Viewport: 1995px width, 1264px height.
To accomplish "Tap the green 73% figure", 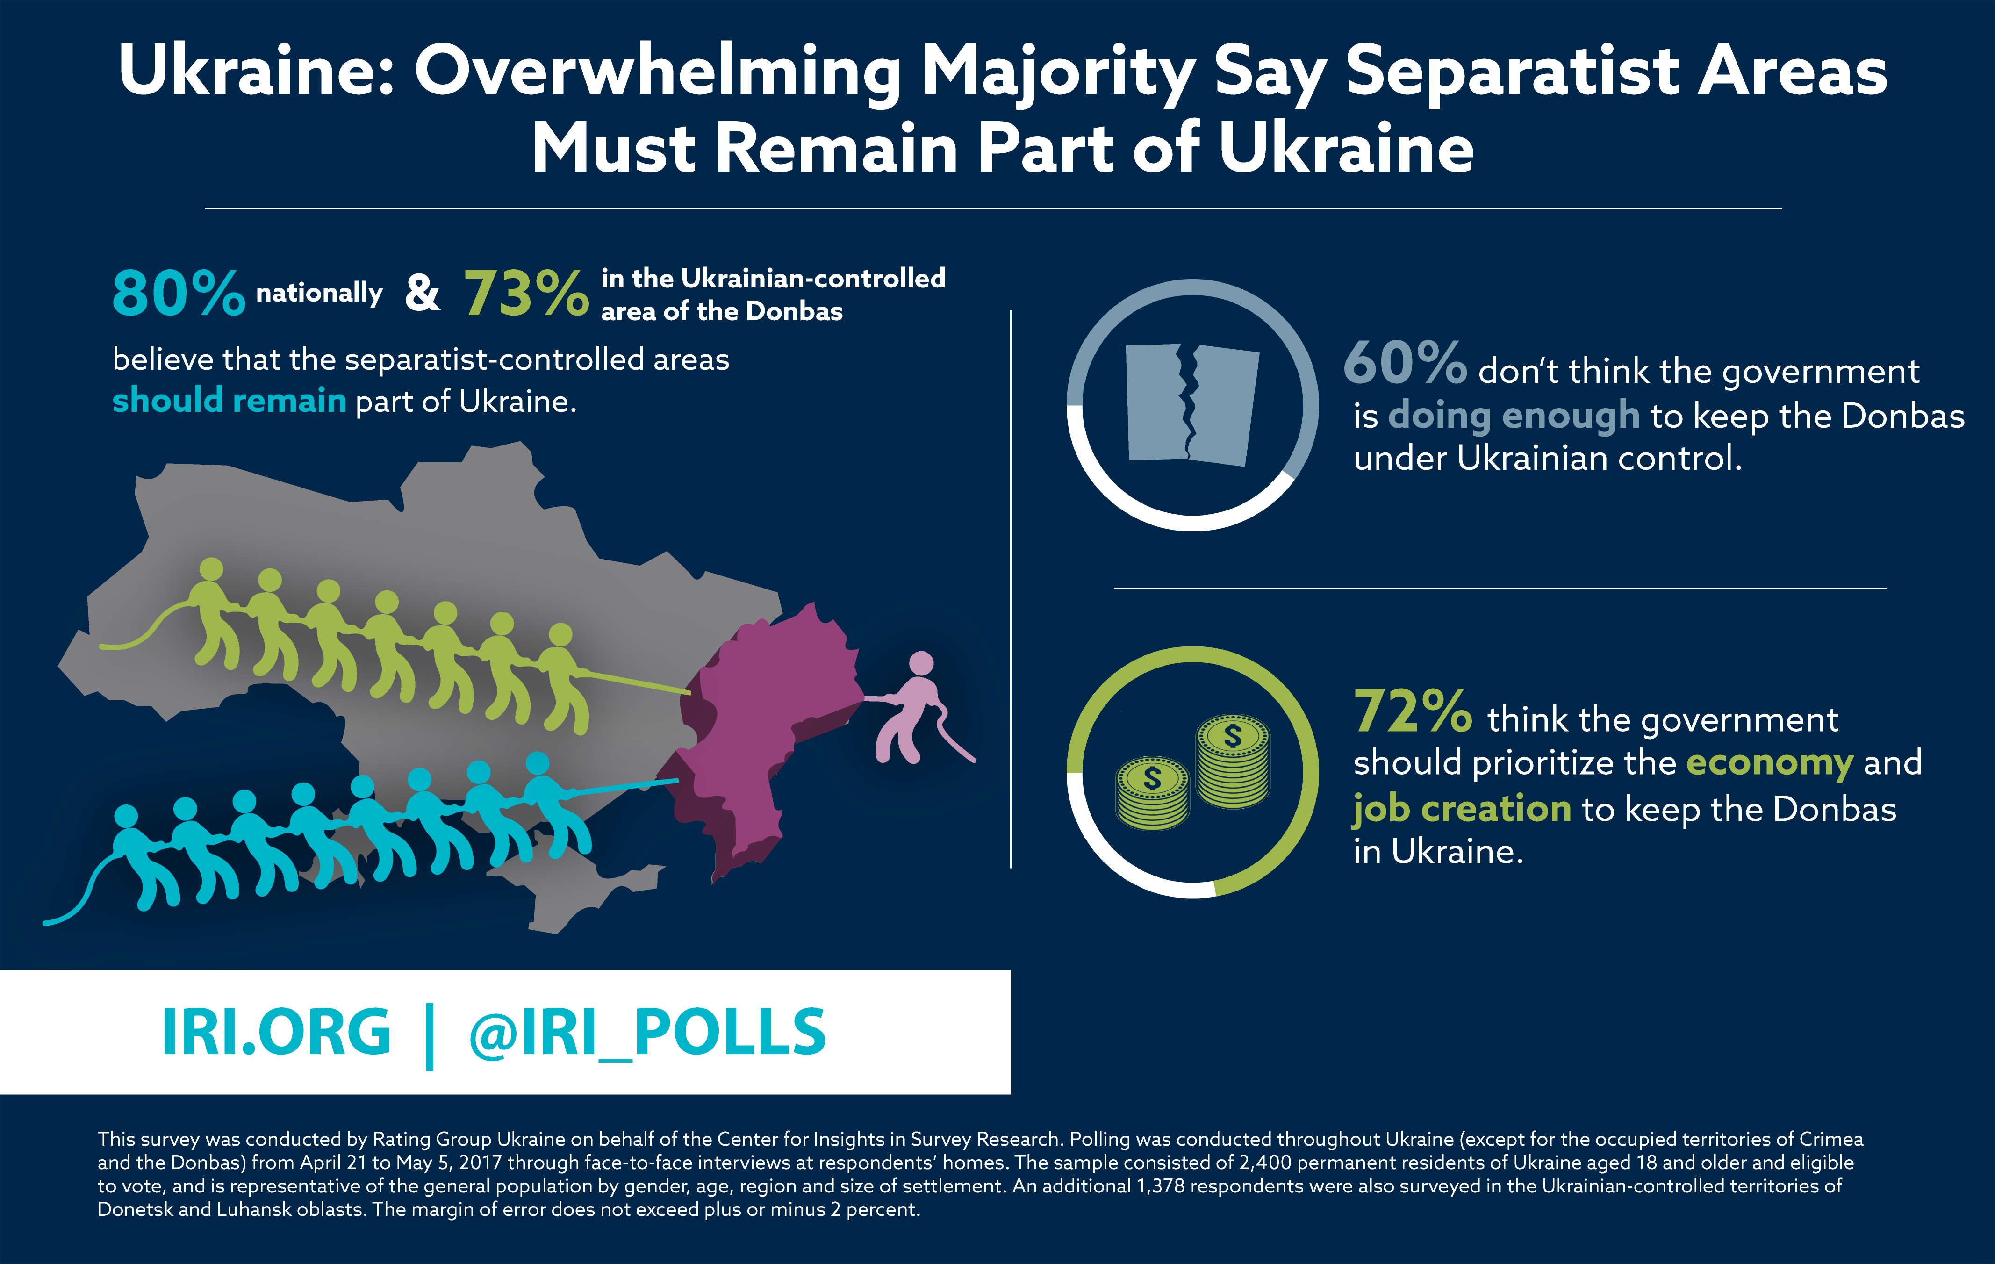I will (x=526, y=294).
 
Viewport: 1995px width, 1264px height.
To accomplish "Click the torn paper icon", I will (x=1191, y=403).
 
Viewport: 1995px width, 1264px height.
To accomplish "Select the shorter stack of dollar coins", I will (x=1152, y=794).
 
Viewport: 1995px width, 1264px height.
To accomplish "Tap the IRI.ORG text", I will (x=276, y=1033).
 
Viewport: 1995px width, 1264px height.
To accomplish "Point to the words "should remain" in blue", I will (x=229, y=401).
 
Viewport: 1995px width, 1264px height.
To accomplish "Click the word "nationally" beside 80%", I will (x=319, y=293).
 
